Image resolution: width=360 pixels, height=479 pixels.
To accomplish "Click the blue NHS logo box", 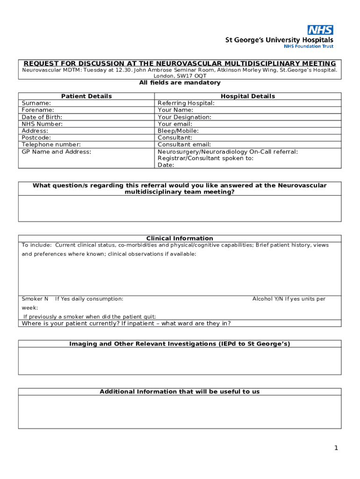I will (x=320, y=30).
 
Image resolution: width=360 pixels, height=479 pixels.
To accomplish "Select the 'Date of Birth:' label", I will (x=42, y=117).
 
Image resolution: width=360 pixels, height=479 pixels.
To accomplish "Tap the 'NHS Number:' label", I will (x=42, y=124).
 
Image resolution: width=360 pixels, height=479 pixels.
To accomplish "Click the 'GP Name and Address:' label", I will (x=57, y=152).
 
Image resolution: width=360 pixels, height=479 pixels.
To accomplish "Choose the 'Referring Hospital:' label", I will (x=186, y=103).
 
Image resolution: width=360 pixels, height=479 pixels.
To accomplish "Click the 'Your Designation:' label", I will (x=184, y=117).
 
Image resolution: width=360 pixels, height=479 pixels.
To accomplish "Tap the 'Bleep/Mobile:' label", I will (x=178, y=131).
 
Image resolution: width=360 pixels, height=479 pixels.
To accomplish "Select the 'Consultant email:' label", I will (x=184, y=145).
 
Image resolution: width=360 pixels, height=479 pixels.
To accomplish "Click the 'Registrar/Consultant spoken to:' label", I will (x=206, y=158).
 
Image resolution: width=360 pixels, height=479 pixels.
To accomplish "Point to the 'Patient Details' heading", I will (x=86, y=96).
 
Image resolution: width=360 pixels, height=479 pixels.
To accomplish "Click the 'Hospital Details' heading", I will (x=248, y=96).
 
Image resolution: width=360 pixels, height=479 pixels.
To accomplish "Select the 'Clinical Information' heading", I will (x=180, y=238).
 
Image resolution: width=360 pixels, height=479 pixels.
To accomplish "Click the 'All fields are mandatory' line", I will (x=180, y=82).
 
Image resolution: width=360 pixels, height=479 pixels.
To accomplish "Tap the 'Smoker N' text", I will (x=35, y=298).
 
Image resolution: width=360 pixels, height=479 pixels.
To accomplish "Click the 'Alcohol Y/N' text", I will (x=268, y=298).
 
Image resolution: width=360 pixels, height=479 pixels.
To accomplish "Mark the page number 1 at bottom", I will (x=336, y=448).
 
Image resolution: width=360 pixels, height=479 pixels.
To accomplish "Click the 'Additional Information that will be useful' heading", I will (x=180, y=392).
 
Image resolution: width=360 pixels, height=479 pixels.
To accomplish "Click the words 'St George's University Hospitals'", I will (x=280, y=40).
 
